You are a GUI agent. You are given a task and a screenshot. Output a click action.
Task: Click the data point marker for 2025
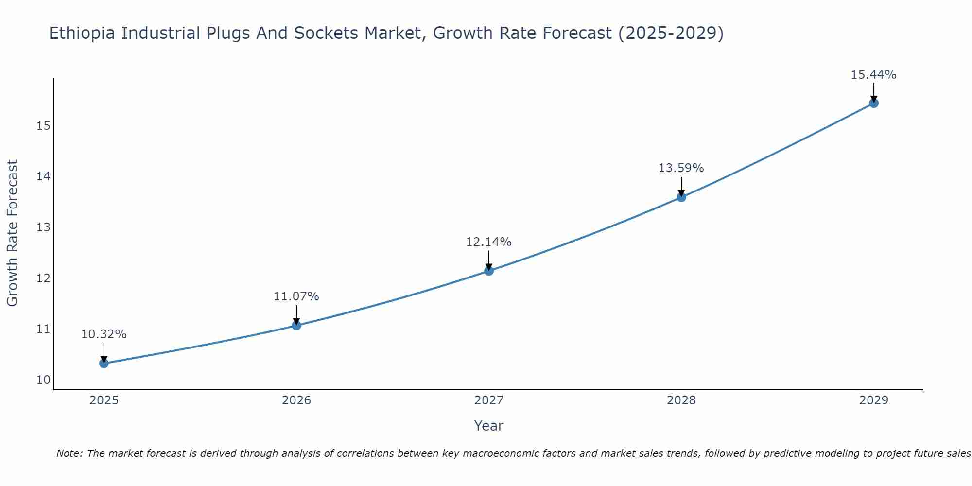[x=104, y=363]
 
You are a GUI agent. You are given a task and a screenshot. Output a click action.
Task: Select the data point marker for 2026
[x=296, y=325]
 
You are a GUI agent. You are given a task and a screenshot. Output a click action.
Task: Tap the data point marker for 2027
[x=489, y=271]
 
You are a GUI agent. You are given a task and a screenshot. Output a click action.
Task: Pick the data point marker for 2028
[x=681, y=197]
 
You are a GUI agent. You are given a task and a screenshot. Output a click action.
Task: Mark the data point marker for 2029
[x=874, y=103]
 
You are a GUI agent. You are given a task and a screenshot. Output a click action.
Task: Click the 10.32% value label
[x=104, y=334]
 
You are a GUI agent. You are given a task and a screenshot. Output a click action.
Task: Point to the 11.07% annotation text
[x=296, y=296]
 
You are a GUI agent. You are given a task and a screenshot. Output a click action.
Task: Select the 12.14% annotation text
[x=488, y=242]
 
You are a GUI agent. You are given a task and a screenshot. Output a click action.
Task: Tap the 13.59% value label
[x=681, y=168]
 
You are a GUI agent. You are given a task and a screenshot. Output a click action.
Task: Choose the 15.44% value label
[x=873, y=75]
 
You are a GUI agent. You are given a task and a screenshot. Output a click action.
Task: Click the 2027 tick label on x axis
[x=489, y=400]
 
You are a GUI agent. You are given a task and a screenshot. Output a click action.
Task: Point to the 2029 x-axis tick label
[x=874, y=400]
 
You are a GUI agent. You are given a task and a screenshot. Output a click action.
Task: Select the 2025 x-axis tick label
[x=104, y=400]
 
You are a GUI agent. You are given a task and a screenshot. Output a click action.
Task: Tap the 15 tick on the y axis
[x=43, y=126]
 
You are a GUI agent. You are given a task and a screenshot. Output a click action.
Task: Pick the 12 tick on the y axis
[x=43, y=278]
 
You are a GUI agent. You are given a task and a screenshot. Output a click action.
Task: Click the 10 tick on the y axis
[x=43, y=380]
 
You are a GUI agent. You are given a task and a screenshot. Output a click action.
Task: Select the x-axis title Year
[x=488, y=426]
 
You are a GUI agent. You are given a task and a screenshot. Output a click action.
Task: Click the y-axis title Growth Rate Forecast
[x=12, y=233]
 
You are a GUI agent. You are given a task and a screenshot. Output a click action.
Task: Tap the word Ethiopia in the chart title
[x=82, y=34]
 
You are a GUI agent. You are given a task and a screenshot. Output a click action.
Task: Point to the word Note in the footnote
[x=69, y=453]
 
